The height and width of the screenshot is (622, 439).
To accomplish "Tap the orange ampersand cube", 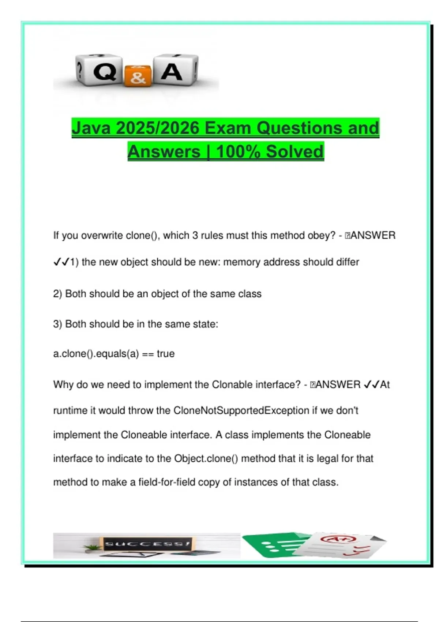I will click(x=138, y=76).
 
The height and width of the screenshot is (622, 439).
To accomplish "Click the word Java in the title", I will click(x=91, y=128).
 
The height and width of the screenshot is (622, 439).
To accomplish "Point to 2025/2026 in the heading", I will click(x=158, y=128).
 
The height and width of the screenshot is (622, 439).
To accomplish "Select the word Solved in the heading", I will click(x=295, y=151).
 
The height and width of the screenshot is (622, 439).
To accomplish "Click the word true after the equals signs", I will click(x=166, y=354).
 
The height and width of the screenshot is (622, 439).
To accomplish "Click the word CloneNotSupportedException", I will click(x=241, y=411).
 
